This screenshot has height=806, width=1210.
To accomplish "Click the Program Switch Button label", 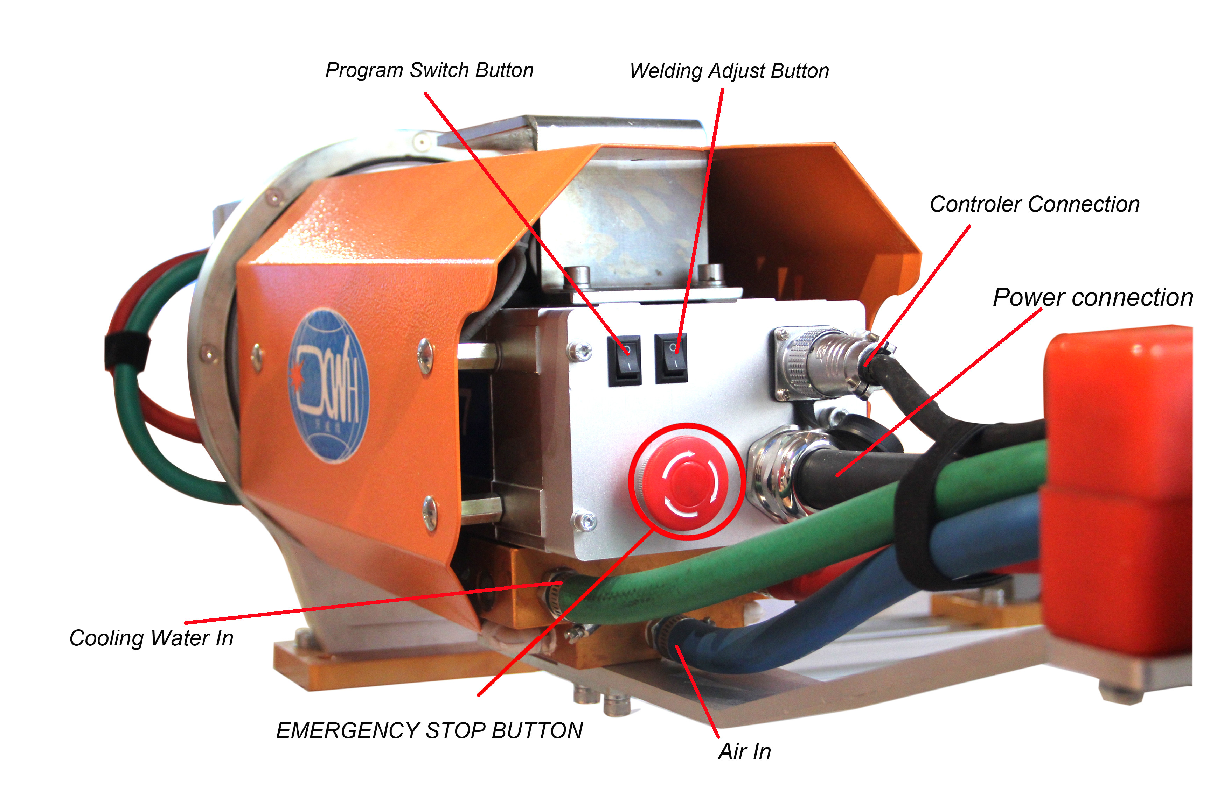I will [x=430, y=70].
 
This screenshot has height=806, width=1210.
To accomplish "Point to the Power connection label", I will [x=1093, y=298].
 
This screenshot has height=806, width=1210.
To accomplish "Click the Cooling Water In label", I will [x=151, y=638].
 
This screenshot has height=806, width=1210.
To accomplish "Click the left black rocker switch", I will [x=624, y=360].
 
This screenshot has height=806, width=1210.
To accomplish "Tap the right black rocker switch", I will [x=671, y=358].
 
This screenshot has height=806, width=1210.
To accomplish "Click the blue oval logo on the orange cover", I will [x=329, y=386].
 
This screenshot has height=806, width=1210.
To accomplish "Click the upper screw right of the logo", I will [x=425, y=355].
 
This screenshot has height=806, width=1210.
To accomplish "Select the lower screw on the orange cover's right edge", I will [x=430, y=511].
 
